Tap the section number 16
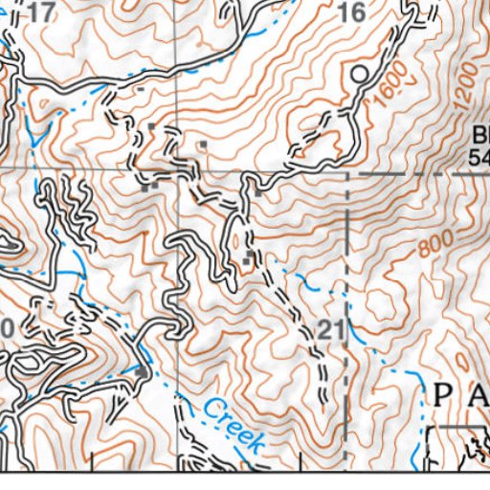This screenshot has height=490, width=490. click(x=352, y=12)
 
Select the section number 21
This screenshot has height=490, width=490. click(x=330, y=331)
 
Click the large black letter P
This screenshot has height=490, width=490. click(x=444, y=392)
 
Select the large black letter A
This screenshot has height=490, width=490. click(x=477, y=392)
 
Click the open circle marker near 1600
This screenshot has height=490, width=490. click(x=359, y=73)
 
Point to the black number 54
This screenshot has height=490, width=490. click(x=479, y=154)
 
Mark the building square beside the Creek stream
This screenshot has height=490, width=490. click(x=142, y=370)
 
